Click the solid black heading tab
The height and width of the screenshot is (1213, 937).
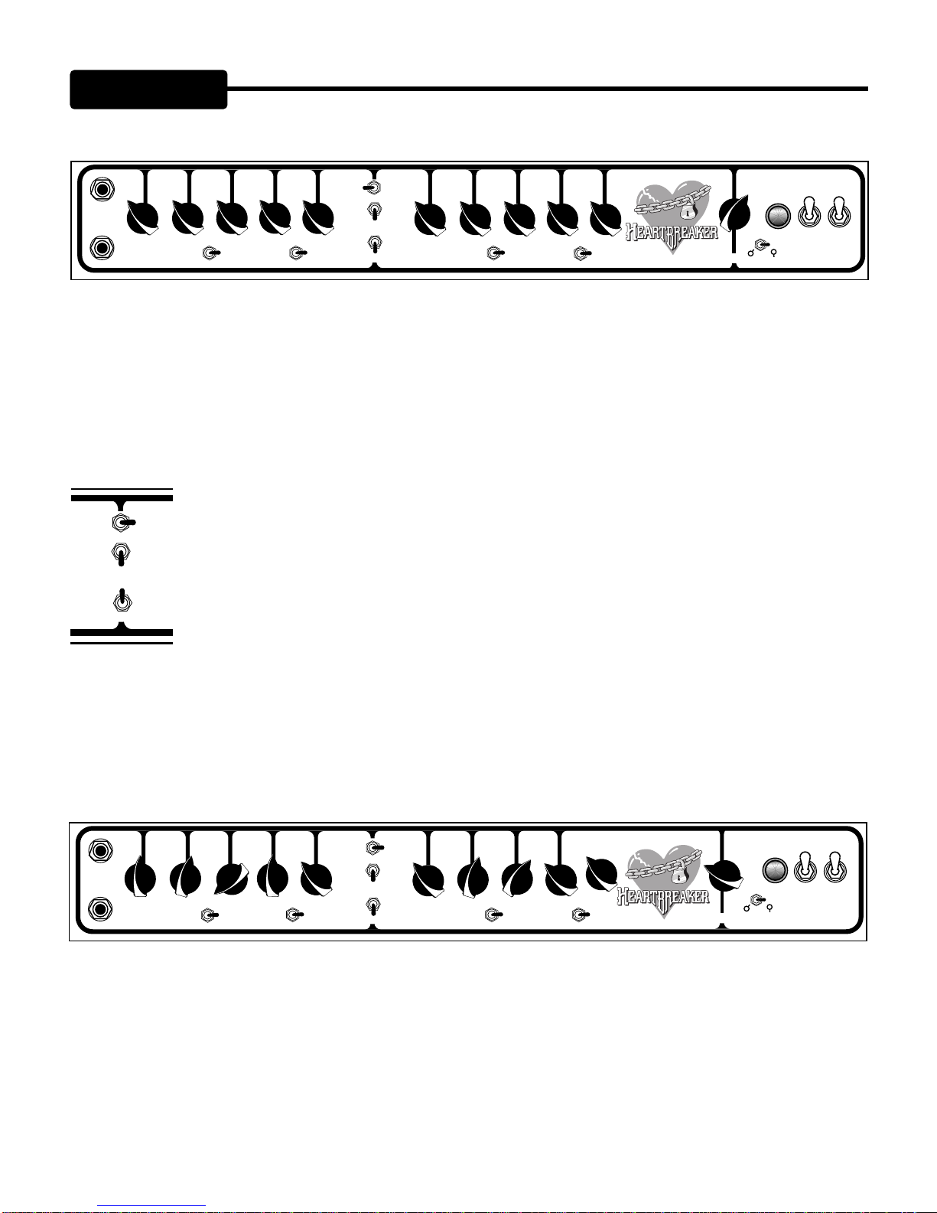[x=148, y=90]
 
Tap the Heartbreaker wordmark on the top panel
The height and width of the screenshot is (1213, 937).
[x=672, y=231]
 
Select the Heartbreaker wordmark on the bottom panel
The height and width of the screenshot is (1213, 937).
[x=663, y=895]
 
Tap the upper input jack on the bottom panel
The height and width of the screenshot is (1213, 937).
[x=100, y=850]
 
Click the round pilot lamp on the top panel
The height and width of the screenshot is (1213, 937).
[x=778, y=216]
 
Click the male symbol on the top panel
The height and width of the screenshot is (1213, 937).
[x=751, y=251]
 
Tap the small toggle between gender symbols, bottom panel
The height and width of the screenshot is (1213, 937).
[x=757, y=900]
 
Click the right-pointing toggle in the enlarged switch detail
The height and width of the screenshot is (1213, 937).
[x=122, y=523]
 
